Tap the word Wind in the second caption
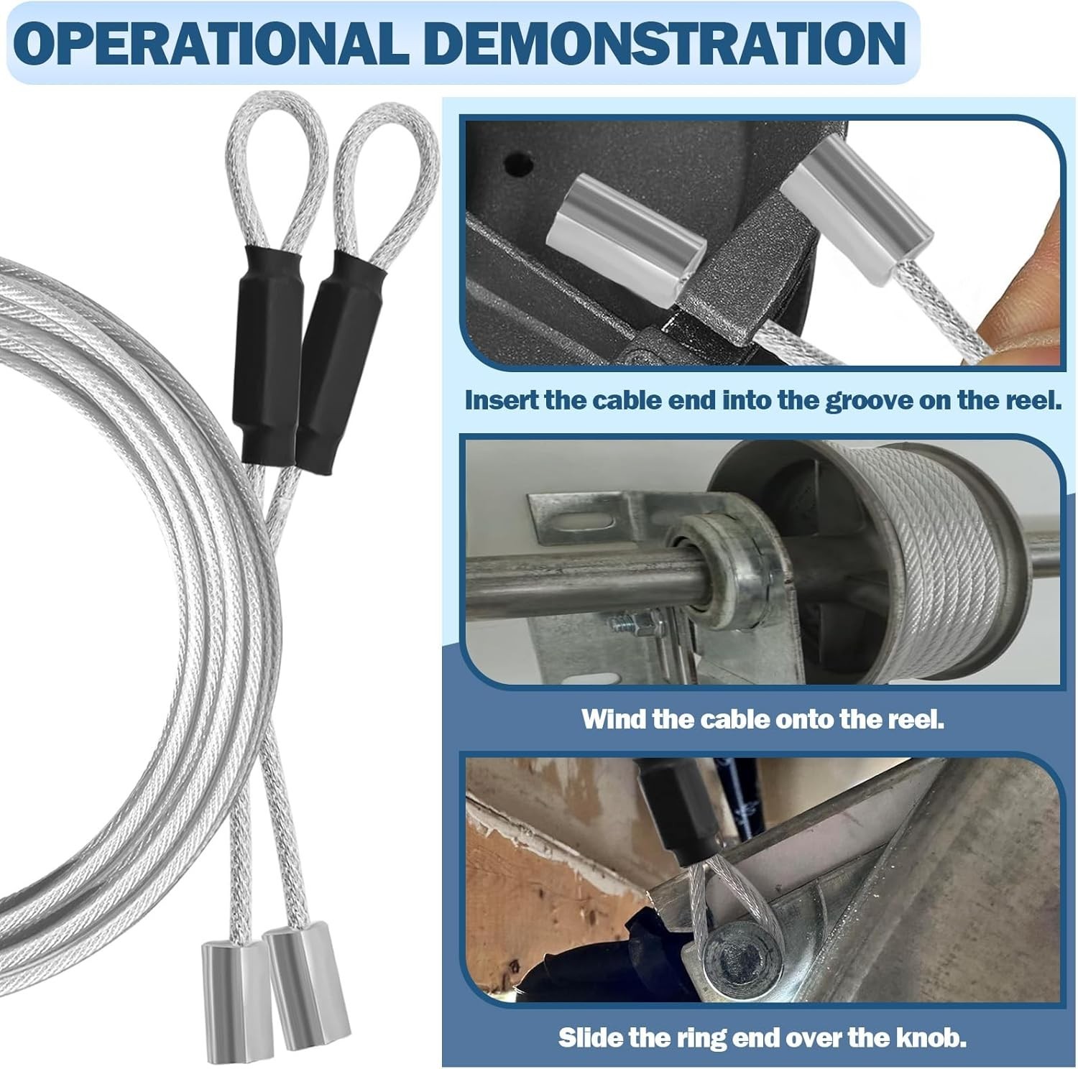pos(614,718)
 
